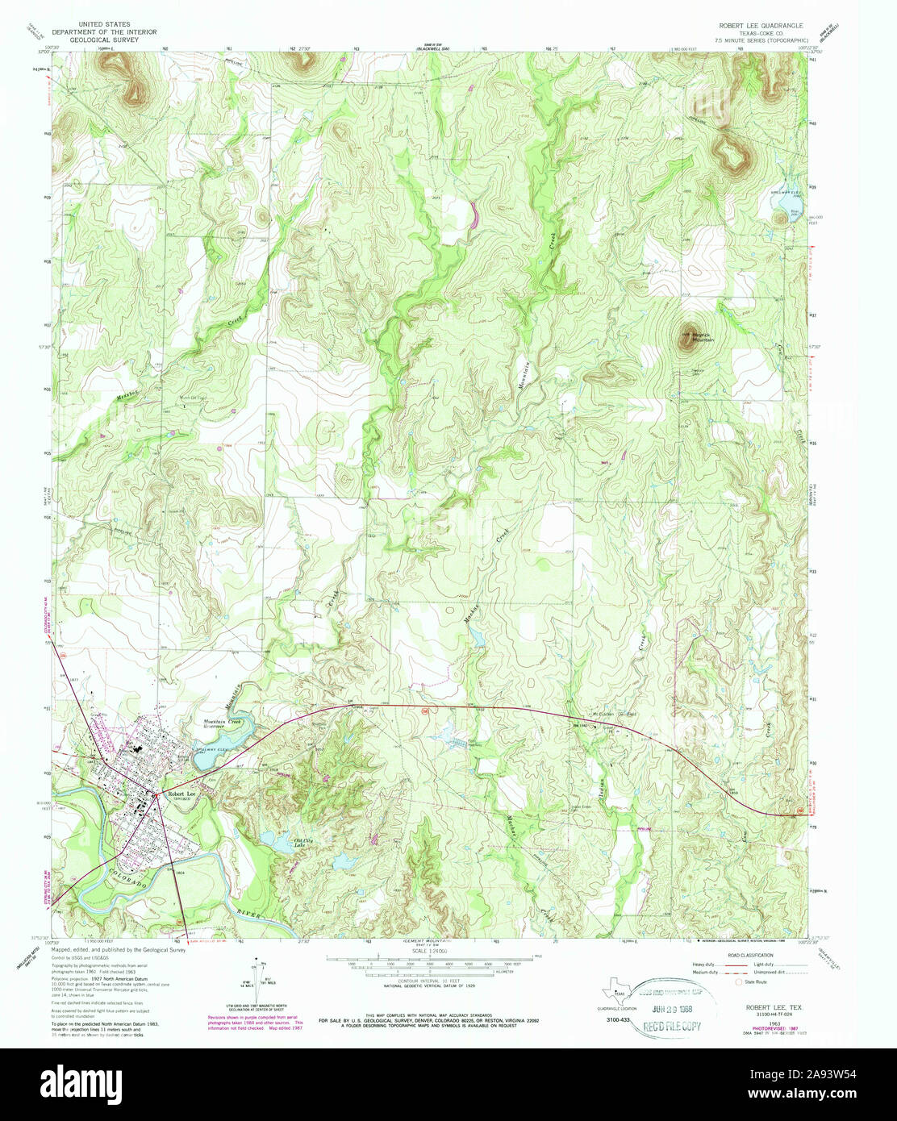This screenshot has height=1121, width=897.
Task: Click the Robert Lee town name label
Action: click(x=177, y=794)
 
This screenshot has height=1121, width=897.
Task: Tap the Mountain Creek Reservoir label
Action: click(x=223, y=723)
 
